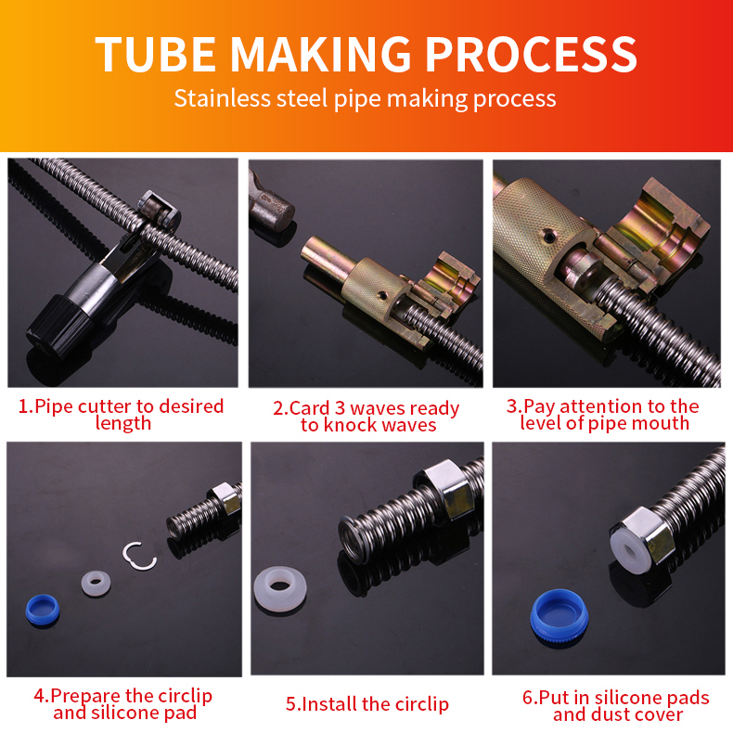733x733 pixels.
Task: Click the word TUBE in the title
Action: coord(155,54)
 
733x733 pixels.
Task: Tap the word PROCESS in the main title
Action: coord(531,54)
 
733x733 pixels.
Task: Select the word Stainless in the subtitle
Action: coord(222,98)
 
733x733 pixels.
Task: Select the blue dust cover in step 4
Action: coord(42,609)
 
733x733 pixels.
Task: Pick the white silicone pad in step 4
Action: coord(96,584)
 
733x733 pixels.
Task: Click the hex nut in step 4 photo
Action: coord(225,500)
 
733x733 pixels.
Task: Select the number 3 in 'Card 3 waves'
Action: coord(340,408)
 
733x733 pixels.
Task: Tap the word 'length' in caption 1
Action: coord(123,424)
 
